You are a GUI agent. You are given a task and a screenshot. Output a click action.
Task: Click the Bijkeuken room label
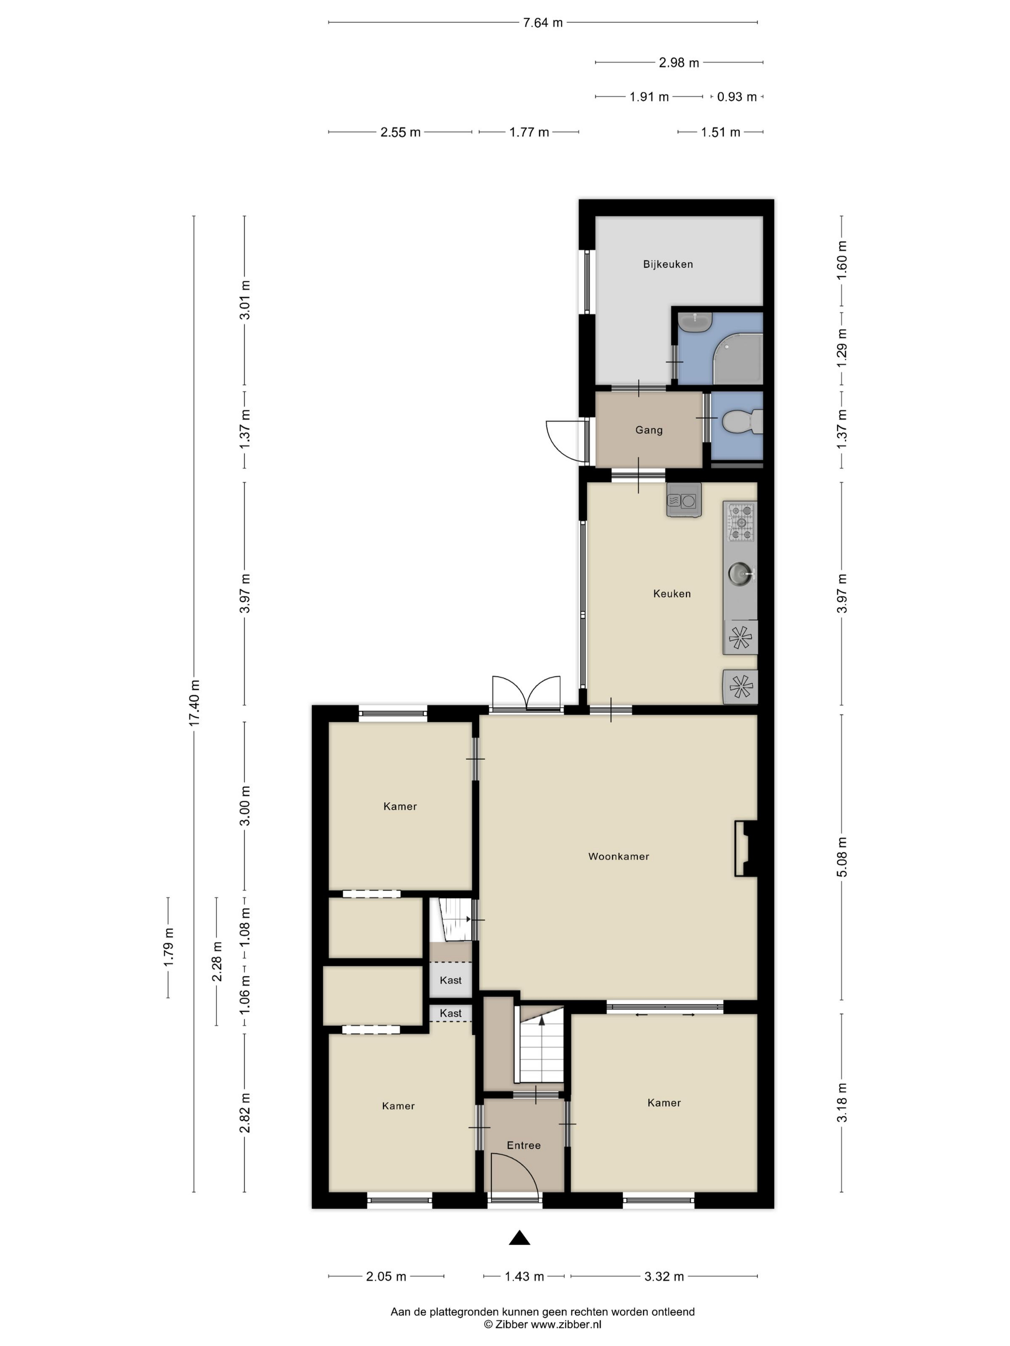668,264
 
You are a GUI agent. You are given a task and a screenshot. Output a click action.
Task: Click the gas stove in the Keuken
740,522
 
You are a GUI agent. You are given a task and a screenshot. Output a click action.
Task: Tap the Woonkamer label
619,856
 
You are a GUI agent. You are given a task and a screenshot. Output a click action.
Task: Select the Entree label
524,1145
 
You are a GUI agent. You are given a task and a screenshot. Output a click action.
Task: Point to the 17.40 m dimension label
194,703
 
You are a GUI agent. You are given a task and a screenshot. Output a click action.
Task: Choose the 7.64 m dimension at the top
543,23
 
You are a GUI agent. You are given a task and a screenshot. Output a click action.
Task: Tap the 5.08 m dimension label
842,858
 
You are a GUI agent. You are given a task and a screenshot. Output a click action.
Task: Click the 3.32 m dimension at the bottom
664,1276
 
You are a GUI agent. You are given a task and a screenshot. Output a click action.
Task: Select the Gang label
649,430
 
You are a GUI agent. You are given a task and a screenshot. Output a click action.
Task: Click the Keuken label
672,593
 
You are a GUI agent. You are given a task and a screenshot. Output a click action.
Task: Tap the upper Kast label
451,980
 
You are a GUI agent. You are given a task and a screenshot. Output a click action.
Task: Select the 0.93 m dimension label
737,97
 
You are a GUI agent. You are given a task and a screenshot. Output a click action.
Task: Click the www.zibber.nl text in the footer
566,1324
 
